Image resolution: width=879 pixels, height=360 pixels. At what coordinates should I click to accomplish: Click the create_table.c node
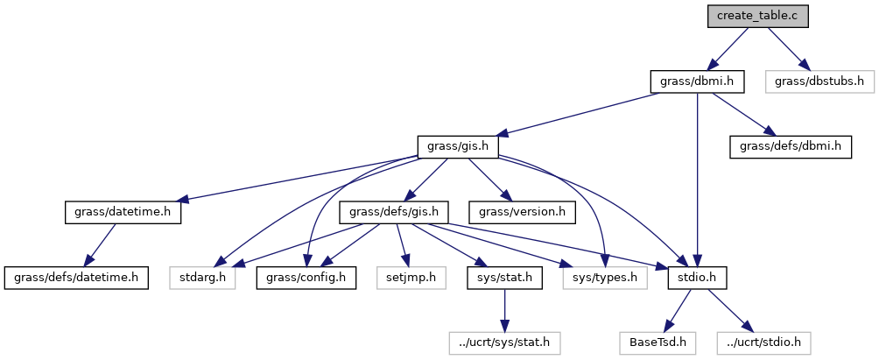pyautogui.click(x=758, y=15)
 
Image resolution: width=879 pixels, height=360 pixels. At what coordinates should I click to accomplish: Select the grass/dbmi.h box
pyautogui.click(x=697, y=81)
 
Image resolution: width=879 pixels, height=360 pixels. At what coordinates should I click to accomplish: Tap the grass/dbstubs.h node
pyautogui.click(x=819, y=81)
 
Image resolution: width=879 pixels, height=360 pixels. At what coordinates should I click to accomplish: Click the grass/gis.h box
pyautogui.click(x=458, y=146)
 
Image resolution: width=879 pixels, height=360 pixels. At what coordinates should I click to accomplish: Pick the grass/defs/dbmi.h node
pyautogui.click(x=791, y=146)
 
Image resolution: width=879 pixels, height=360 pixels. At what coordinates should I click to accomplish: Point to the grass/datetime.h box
pyautogui.click(x=123, y=212)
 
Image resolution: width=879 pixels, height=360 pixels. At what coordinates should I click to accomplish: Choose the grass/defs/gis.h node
pyautogui.click(x=399, y=212)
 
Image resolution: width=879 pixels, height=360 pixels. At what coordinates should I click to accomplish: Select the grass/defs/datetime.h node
pyautogui.click(x=75, y=278)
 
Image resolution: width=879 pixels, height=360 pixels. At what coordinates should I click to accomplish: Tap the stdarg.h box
pyautogui.click(x=203, y=278)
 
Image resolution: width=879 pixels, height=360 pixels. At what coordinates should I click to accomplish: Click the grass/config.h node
pyautogui.click(x=306, y=278)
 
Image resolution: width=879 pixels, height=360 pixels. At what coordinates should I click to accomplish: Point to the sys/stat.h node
pyautogui.click(x=504, y=278)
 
